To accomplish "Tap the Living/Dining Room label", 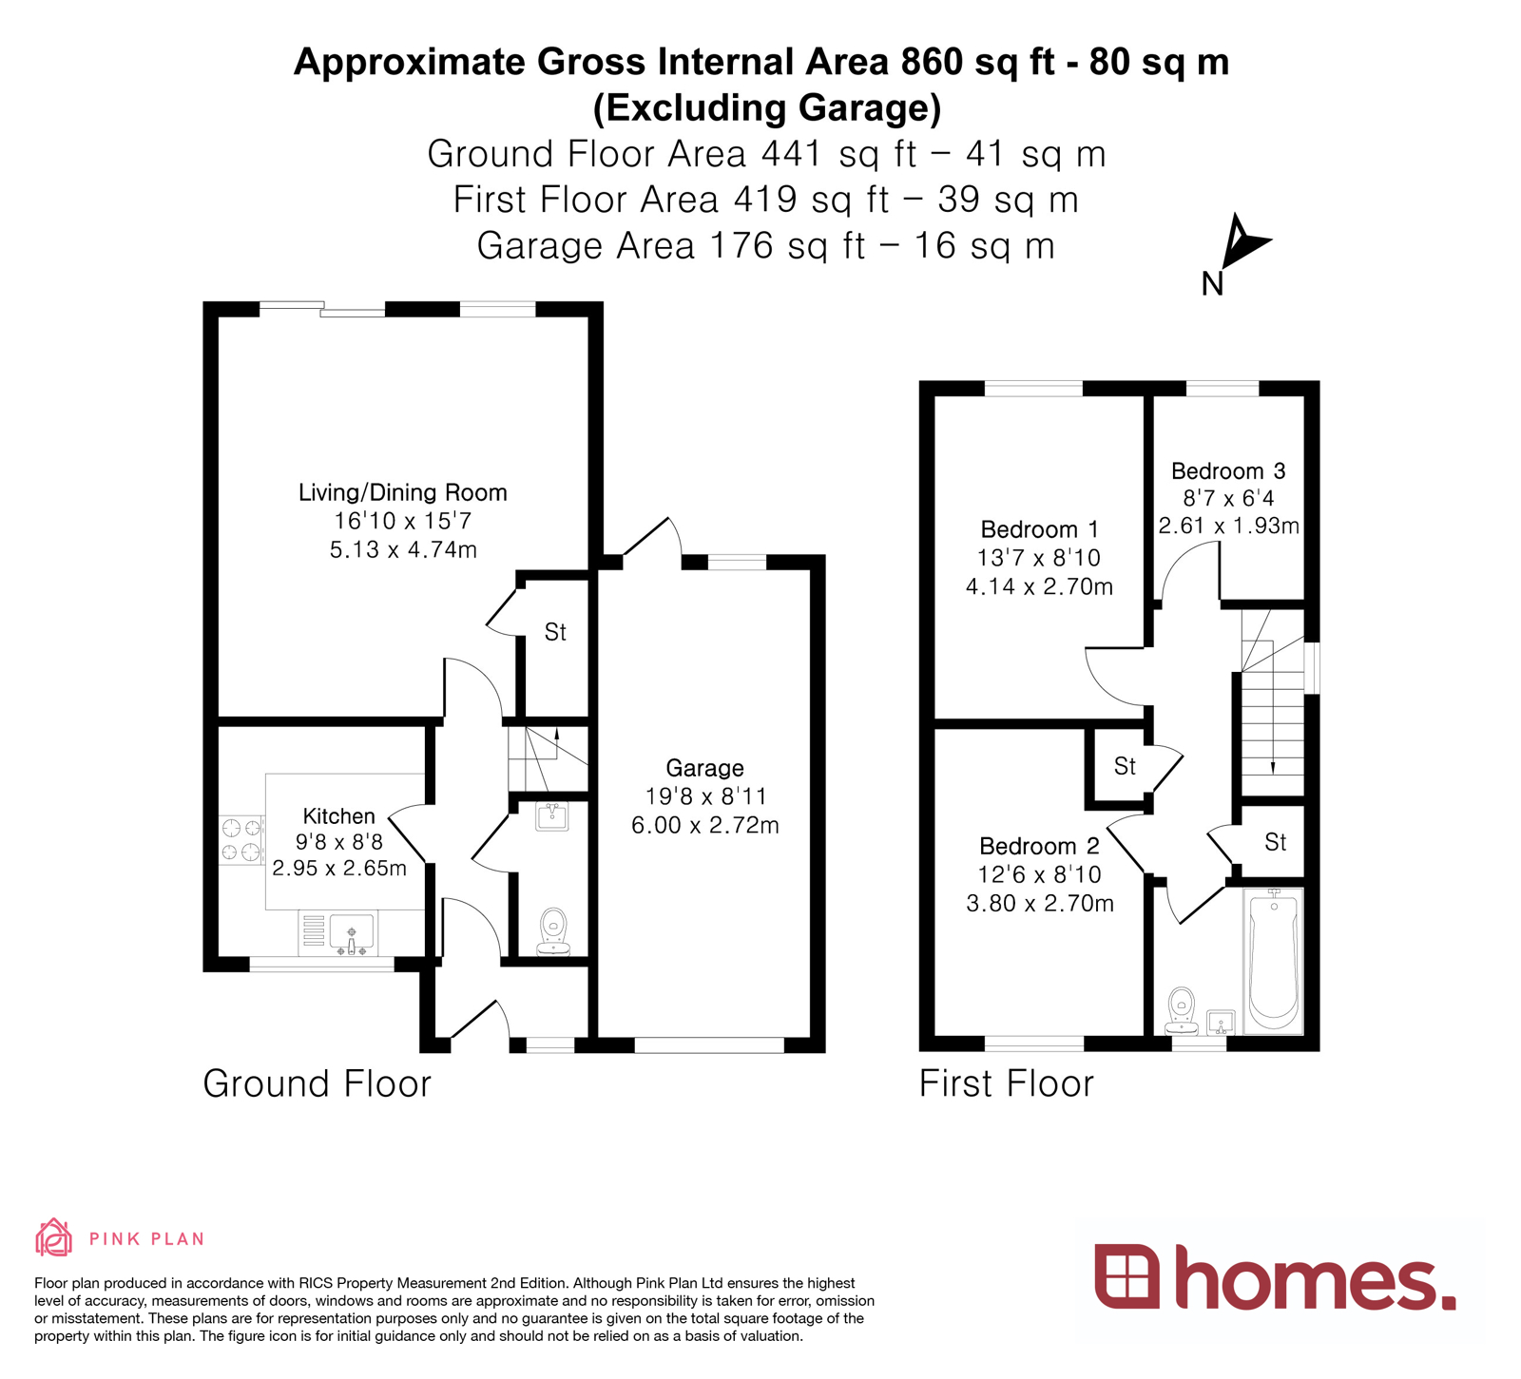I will point(403,492).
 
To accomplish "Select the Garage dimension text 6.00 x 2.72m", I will point(705,825).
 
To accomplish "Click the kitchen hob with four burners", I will point(241,840).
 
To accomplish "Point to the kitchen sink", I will point(351,931).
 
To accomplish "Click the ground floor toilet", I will point(553,930).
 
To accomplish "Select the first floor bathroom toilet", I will point(1182,1010).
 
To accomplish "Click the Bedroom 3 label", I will point(1228,471).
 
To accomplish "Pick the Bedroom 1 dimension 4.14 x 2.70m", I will point(1039,587).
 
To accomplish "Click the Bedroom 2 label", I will point(1039,846).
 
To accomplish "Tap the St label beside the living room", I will point(555,632).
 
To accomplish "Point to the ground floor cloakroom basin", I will point(552,815).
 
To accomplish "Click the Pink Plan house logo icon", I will point(54,1237).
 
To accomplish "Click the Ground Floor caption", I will point(317,1083).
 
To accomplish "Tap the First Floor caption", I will point(1006,1083).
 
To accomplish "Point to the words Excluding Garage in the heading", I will point(766,107).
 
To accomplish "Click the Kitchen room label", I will point(338,816).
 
